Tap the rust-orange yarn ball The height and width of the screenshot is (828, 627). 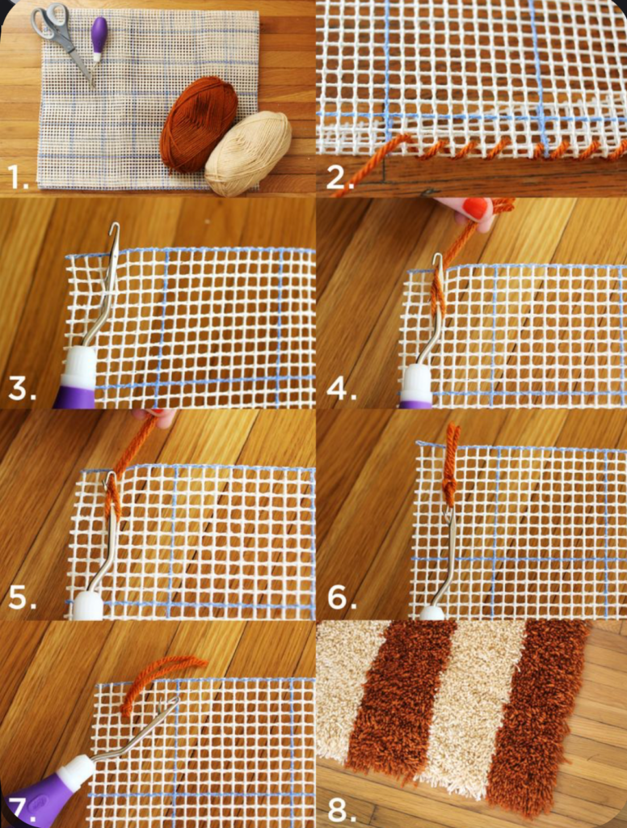pos(198,122)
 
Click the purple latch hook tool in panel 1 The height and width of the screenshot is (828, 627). pos(99,37)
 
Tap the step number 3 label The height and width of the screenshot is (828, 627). pos(22,389)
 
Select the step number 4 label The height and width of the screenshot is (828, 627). pos(341,389)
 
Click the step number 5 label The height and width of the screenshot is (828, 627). pos(22,599)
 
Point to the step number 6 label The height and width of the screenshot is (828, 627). pos(341,599)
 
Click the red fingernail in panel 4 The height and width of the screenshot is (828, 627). pos(474,209)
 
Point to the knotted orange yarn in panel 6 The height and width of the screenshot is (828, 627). pos(450,465)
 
